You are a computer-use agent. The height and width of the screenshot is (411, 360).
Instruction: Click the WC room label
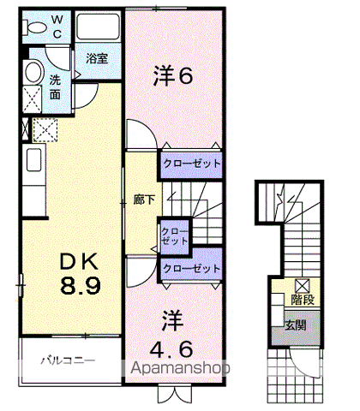coord(57,27)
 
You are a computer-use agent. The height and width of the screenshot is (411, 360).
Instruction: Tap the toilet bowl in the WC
coord(35,27)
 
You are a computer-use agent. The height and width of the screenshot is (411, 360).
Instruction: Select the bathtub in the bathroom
coord(98,27)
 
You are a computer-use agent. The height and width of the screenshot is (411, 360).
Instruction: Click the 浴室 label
coord(97,58)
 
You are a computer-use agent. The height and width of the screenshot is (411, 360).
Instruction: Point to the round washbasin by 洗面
coord(33,72)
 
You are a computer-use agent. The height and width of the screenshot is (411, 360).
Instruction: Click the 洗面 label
coord(55,86)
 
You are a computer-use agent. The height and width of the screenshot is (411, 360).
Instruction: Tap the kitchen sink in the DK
coord(33,159)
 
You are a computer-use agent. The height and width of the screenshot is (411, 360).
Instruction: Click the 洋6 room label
coord(173,75)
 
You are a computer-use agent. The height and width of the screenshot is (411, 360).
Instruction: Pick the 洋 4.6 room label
coord(171,334)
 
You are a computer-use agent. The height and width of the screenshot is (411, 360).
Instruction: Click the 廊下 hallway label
coord(144,200)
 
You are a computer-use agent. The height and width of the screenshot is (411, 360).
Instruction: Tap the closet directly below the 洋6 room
coord(191,164)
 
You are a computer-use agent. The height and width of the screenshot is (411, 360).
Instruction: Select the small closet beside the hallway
coord(175,236)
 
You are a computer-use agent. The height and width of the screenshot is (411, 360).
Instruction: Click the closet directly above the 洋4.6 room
coord(191,269)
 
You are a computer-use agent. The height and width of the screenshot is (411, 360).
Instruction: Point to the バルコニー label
coord(68,360)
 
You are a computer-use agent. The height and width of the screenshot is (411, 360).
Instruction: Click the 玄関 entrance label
coord(296,325)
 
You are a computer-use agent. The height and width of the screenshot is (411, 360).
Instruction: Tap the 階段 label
coord(303,300)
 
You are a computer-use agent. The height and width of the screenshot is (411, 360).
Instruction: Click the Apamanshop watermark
coord(180,367)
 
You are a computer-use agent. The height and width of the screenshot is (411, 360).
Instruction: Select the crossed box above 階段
coord(303,285)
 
